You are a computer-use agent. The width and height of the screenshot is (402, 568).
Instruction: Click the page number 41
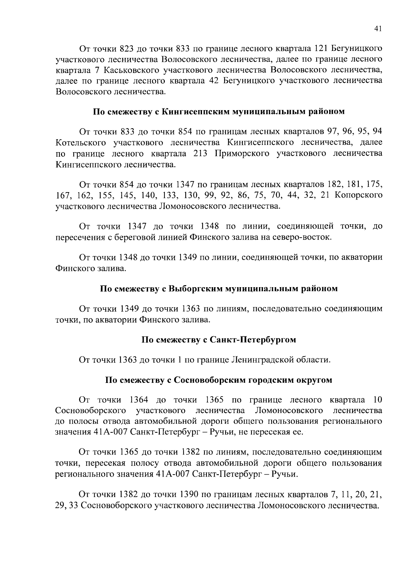(378, 29)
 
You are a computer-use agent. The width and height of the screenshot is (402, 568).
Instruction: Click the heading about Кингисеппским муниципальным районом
(218, 111)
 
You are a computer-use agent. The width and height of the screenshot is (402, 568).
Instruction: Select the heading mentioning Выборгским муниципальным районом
(218, 289)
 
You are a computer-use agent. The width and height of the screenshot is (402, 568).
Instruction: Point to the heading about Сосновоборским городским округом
(218, 380)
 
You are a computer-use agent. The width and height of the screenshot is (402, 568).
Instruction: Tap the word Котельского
(80, 143)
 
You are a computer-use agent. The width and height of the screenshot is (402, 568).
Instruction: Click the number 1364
(141, 400)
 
